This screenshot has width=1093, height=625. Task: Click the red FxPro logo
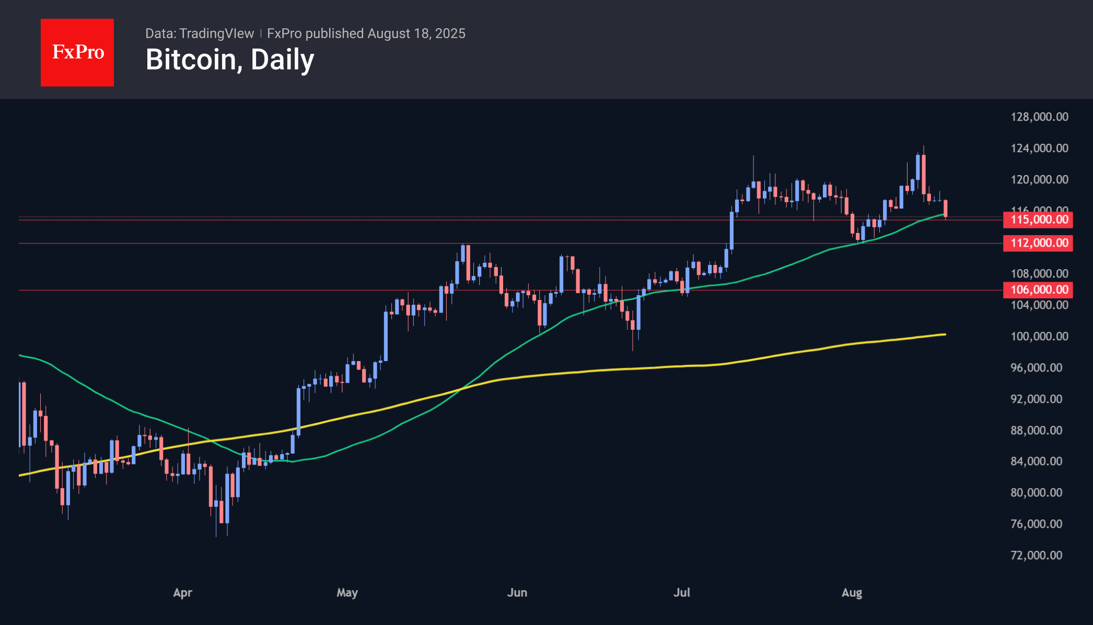pos(77,52)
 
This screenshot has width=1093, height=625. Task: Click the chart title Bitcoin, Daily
pos(229,60)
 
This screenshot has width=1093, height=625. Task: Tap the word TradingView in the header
pos(216,33)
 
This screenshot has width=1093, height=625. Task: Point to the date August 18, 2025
pos(416,33)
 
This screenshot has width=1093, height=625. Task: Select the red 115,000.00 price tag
pos(1038,219)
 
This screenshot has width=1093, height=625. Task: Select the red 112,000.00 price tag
pos(1038,243)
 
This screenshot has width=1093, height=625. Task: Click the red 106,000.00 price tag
pos(1038,290)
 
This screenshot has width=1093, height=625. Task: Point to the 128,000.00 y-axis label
pos(1039,117)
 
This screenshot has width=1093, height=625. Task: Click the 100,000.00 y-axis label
pos(1039,336)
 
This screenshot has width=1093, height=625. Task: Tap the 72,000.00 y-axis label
pos(1036,555)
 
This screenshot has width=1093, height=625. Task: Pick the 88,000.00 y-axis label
pos(1036,430)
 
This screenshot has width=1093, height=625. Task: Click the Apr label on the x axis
pos(183,593)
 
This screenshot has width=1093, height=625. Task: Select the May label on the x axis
pos(347,593)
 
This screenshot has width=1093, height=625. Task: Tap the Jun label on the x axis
pos(517,593)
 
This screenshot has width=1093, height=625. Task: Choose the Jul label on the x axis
pos(681,593)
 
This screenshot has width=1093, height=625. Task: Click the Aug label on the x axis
pos(852,593)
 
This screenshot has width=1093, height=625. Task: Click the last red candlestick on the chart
pos(946,208)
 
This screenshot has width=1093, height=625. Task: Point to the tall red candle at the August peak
pos(924,174)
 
